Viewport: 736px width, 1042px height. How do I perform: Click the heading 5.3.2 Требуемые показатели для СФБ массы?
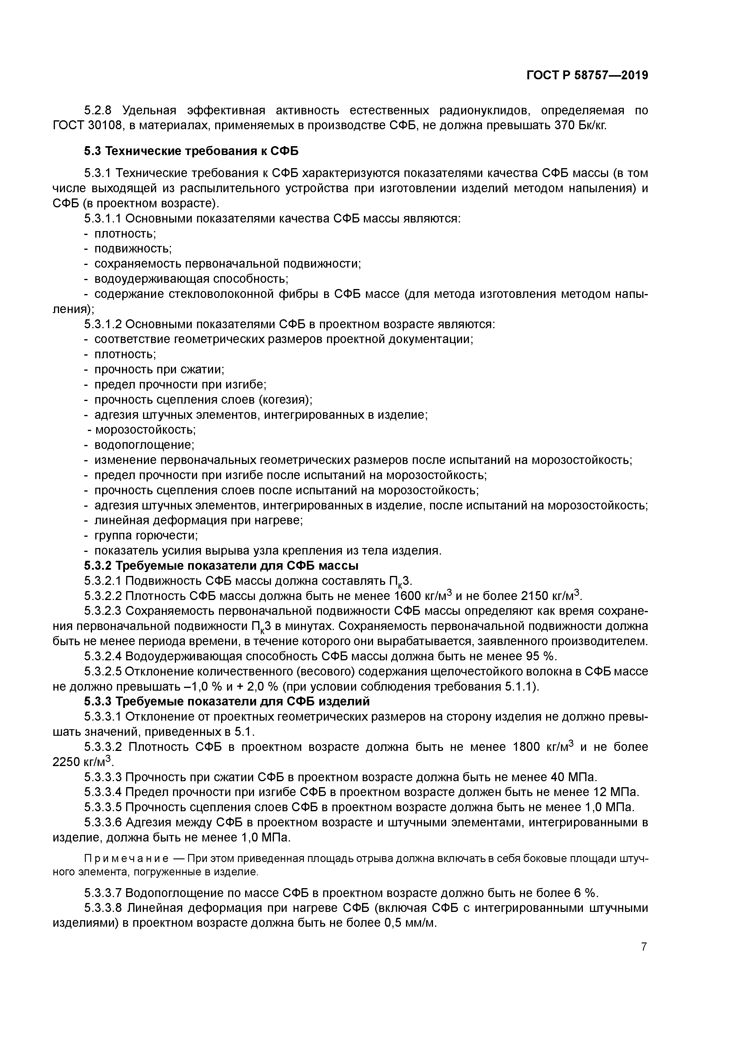point(221,566)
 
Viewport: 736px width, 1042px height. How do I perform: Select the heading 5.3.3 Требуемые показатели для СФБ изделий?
point(227,702)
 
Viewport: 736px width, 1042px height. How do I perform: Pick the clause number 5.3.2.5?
point(103,672)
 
